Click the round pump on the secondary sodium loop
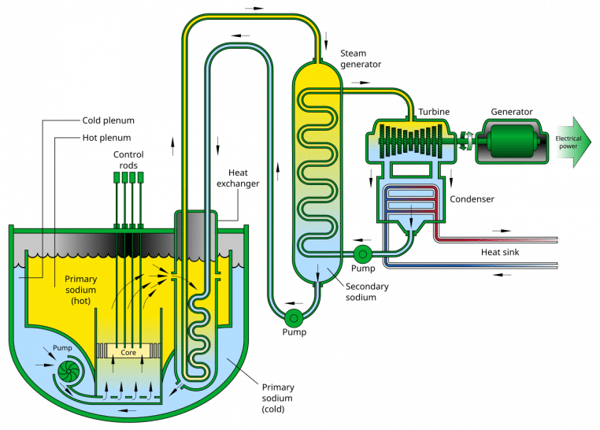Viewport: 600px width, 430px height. (x=294, y=317)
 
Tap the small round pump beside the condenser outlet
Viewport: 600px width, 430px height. (x=362, y=254)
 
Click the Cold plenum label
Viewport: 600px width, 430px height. (x=108, y=121)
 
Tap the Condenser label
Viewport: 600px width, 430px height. (x=472, y=198)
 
